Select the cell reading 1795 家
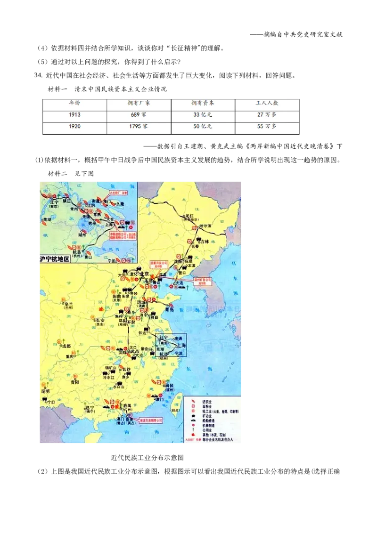pyautogui.click(x=139, y=127)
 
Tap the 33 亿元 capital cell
pyautogui.click(x=203, y=114)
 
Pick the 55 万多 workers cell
pyautogui.click(x=267, y=127)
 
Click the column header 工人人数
pyautogui.click(x=267, y=102)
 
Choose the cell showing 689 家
pyautogui.click(x=139, y=114)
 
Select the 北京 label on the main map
pyautogui.click(x=144, y=274)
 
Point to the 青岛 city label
pyautogui.click(x=169, y=310)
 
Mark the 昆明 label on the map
pyautogui.click(x=45, y=391)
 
